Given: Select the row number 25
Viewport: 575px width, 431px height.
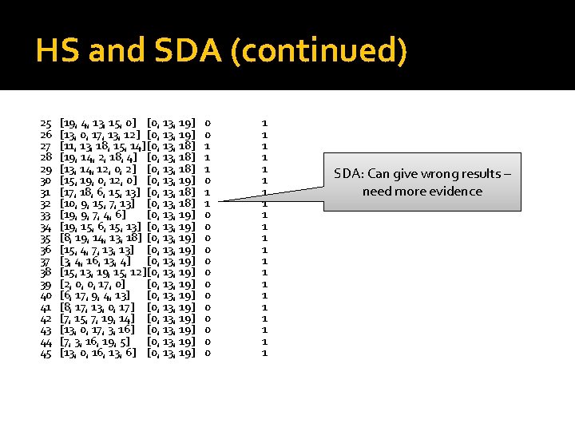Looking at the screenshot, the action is (x=46, y=124).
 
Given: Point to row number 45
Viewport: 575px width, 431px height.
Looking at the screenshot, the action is (x=46, y=353).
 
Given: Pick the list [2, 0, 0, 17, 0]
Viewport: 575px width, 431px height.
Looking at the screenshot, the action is (x=93, y=284).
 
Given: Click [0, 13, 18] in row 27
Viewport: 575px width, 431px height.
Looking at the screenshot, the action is (x=172, y=147).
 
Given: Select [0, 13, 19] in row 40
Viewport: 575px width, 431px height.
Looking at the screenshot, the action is (x=172, y=295).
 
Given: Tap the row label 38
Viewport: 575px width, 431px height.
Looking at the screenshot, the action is (x=46, y=272).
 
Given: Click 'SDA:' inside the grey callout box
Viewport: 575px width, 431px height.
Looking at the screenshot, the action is (x=348, y=174).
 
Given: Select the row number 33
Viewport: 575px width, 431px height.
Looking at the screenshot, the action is (x=46, y=215).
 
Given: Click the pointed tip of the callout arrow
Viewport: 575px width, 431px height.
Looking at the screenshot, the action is (x=217, y=200).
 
